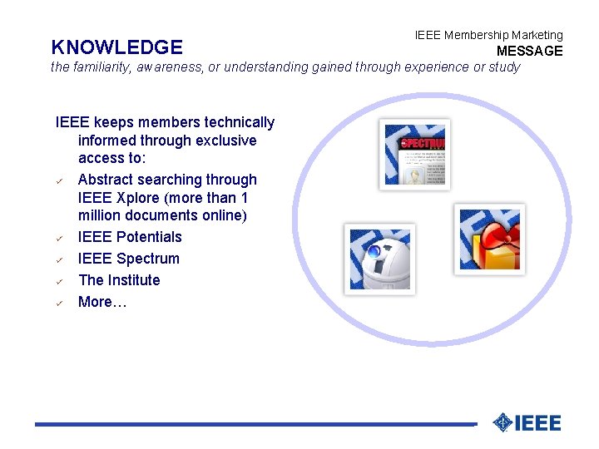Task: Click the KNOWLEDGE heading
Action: pos(116,47)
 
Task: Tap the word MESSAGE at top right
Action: pos(529,52)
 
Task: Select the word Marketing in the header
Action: pos(537,35)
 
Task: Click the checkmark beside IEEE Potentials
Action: pos(61,239)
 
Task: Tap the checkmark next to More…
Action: pos(61,303)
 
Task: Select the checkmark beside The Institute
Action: pos(61,282)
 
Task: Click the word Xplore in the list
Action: pos(141,198)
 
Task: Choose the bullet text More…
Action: pos(102,302)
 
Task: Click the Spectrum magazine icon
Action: pos(414,155)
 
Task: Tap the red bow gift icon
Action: pos(489,239)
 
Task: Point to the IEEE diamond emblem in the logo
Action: pos(502,422)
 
